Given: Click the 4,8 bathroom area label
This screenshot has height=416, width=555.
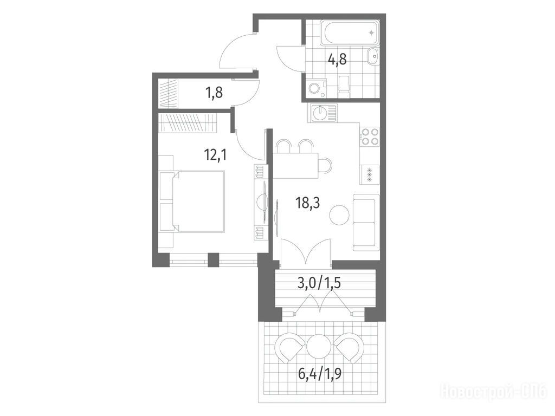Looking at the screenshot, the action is [337, 60].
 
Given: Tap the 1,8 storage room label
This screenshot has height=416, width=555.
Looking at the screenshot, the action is [214, 94].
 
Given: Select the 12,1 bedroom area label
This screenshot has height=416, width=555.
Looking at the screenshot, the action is [215, 154].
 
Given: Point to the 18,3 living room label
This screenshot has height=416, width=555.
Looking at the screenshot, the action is [307, 203].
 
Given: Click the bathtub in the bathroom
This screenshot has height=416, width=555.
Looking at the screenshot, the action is [350, 33].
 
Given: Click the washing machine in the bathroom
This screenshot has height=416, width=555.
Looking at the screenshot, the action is [314, 88].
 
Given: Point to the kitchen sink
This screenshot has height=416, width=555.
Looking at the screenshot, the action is [323, 113].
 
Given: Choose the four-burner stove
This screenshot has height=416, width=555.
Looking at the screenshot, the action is [369, 136].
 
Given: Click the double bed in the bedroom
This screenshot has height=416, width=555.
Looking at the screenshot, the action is [191, 201].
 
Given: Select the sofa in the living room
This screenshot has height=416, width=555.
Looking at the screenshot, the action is [366, 222].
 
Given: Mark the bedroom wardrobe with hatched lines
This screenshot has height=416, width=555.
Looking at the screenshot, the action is [187, 122].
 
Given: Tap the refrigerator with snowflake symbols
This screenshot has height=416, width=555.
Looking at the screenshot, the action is [369, 174].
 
